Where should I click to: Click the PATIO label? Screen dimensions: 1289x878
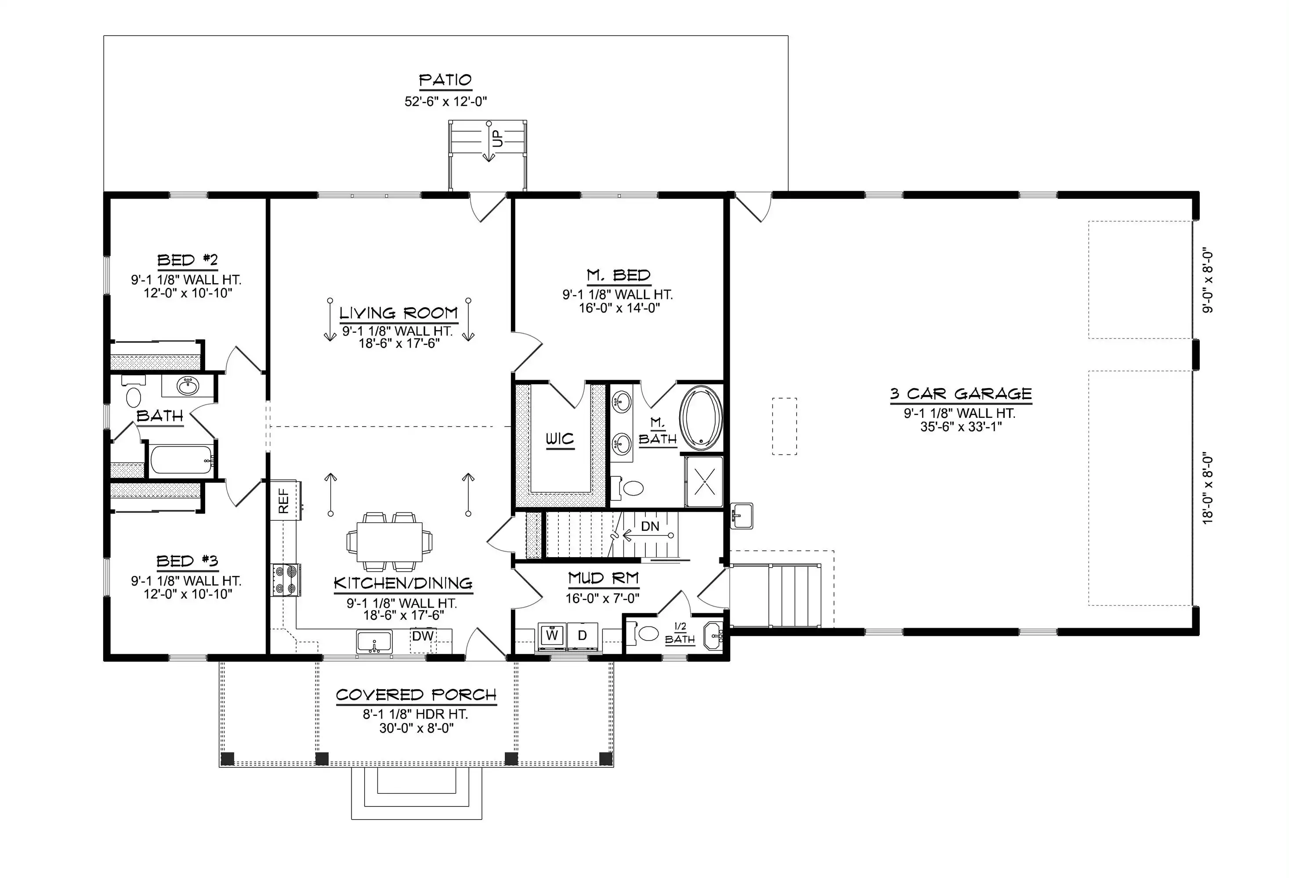[445, 80]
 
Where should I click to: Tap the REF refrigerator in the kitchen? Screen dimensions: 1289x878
[286, 500]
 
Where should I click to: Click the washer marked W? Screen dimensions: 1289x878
[551, 635]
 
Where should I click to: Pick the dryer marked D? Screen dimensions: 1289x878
[583, 635]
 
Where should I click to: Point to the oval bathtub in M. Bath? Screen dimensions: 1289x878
[702, 418]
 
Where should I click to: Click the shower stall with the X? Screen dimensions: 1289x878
[704, 481]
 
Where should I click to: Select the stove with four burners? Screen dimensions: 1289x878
[286, 580]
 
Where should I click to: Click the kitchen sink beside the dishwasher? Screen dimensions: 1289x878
[374, 642]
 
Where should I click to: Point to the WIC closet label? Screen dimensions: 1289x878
[560, 439]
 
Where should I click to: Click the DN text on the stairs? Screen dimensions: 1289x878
[650, 526]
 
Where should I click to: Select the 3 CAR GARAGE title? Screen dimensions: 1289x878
[961, 394]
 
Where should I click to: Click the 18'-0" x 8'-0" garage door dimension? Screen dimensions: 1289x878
[1208, 490]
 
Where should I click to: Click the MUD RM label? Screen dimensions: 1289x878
[604, 579]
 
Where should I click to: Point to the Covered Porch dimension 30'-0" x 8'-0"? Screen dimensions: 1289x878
[416, 728]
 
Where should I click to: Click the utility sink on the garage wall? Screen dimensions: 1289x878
[742, 516]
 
